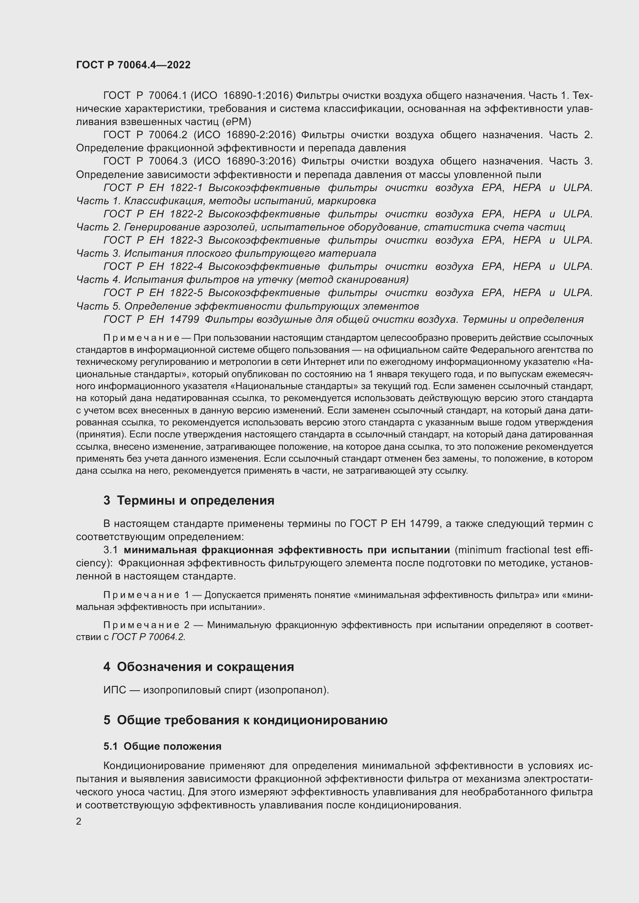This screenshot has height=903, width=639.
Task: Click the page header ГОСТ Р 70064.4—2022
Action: pos(133,65)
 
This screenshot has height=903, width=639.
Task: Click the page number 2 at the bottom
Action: pos(79,821)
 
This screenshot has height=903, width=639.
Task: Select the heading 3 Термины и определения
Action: pos(189,500)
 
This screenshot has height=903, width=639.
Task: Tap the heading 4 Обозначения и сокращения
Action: pos(199,667)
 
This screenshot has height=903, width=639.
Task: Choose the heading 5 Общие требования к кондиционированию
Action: pos(246,720)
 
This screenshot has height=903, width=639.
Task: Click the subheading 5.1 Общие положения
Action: pos(163,746)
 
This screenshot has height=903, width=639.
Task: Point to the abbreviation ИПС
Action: pos(114,690)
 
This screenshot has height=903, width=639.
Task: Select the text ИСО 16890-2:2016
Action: pos(244,135)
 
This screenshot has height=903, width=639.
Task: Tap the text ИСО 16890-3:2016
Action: pos(244,161)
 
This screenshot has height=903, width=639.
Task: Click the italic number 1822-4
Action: pos(186,266)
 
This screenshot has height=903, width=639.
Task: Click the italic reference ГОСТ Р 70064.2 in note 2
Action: pos(148,637)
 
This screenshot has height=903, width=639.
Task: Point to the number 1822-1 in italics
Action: pos(186,188)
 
